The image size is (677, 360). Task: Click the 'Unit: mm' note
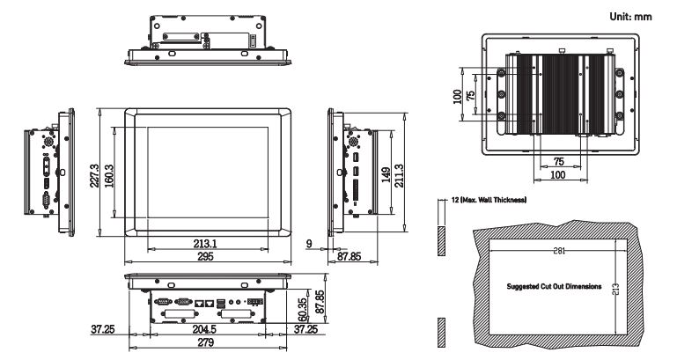pos(630,17)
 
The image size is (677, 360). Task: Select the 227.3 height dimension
pos(94,176)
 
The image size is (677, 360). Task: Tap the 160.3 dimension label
pos(109,176)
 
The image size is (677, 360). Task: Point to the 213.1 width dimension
pos(205,244)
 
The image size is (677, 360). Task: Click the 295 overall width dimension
pos(205,256)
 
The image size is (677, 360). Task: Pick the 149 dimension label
pos(386,175)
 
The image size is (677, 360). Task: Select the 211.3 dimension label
pos(399,175)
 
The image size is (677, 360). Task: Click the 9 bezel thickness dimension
pos(309,244)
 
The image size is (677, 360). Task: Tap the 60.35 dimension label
pos(303,310)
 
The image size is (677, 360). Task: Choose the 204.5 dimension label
pos(204,329)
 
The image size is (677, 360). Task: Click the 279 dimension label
pos(205,342)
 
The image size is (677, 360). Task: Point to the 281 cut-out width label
pos(559,250)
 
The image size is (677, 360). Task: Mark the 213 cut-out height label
pos(615,287)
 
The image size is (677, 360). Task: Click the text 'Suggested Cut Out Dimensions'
pos(554,286)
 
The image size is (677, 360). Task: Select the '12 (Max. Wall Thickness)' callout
pos(489,200)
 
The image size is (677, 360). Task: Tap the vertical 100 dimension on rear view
pos(458,96)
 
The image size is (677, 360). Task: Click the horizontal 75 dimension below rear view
pos(559,161)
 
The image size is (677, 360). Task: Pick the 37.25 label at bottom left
pos(103,329)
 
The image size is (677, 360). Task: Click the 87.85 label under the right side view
pos(349,256)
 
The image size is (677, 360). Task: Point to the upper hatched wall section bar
pos(441,240)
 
